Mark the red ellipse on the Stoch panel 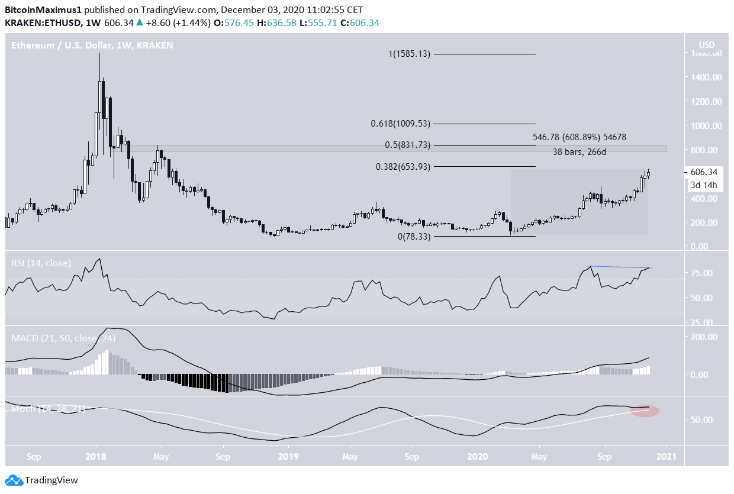coord(645,411)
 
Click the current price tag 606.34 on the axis coord(703,172)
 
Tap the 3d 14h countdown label coord(703,185)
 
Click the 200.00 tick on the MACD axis coord(703,337)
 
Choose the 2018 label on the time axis coord(95,457)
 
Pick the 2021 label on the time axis coord(666,457)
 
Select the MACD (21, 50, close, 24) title coord(63,338)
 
